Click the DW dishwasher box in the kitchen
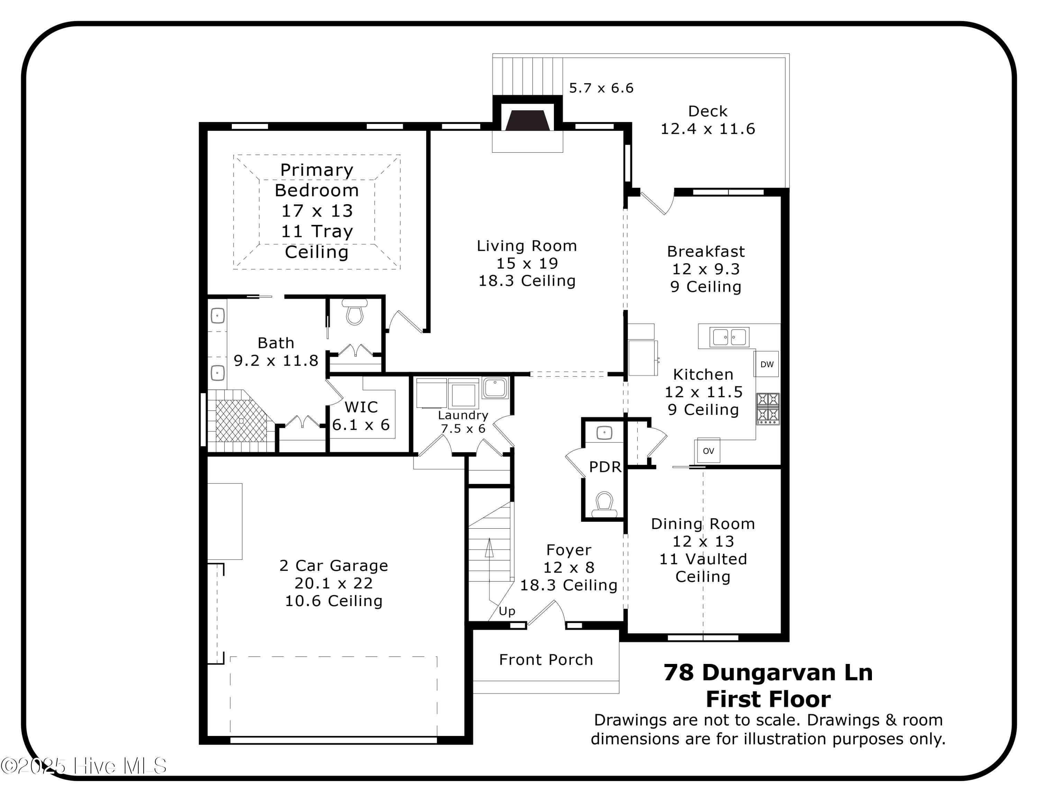(766, 364)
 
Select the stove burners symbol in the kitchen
(767, 409)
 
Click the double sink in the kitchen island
(729, 337)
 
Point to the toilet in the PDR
(604, 504)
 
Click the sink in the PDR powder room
(604, 433)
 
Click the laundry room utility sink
(495, 387)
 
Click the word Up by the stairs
(507, 611)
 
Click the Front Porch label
(546, 659)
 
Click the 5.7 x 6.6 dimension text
(601, 88)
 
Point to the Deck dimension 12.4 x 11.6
(708, 129)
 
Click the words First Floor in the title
(768, 699)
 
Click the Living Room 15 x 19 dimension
(527, 263)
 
